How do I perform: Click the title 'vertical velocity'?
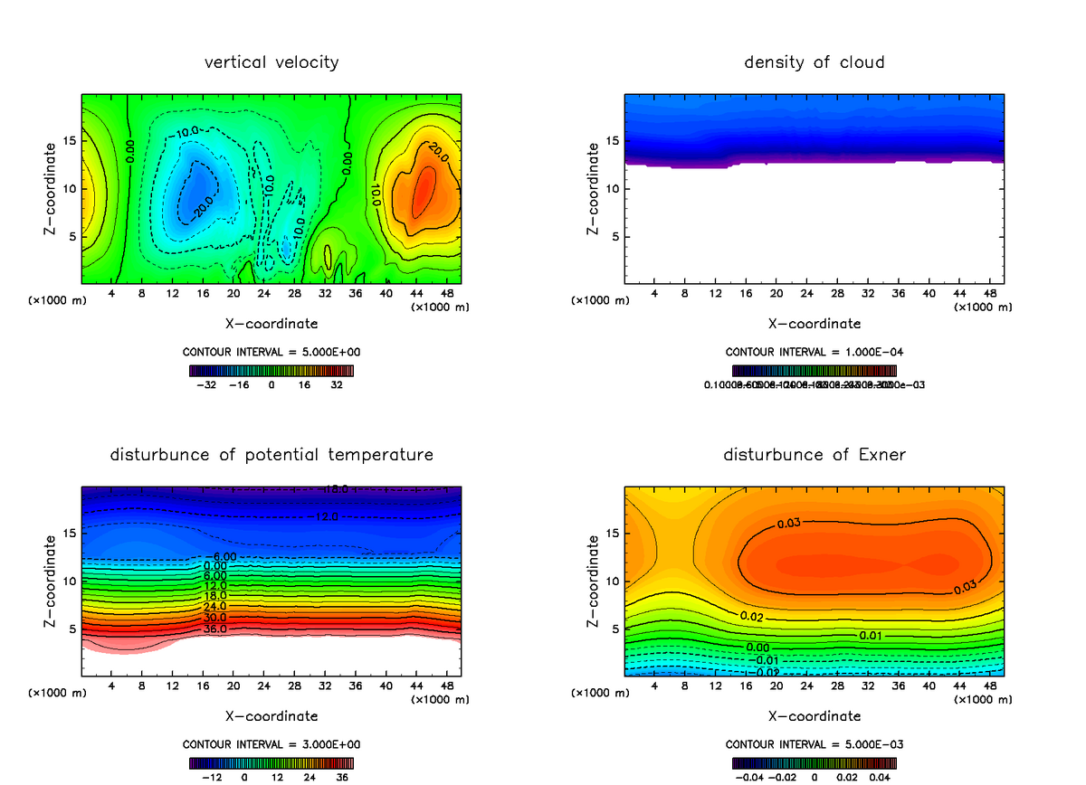(271, 62)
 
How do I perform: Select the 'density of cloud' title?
(814, 62)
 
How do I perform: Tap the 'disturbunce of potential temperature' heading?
(271, 454)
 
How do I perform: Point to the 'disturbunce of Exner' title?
(814, 454)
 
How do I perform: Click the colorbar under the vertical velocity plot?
(271, 370)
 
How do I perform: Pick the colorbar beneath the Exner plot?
(814, 762)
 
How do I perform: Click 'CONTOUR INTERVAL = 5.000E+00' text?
(271, 352)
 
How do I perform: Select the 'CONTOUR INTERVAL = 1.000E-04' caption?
(814, 352)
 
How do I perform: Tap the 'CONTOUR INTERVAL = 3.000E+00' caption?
(271, 744)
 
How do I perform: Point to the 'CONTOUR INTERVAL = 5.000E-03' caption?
(814, 744)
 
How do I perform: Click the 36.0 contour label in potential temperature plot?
(214, 629)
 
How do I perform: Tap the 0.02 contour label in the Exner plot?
(751, 616)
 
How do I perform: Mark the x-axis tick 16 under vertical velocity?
(203, 293)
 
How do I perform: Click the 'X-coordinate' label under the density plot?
(814, 323)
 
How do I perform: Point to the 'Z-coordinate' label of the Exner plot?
(593, 580)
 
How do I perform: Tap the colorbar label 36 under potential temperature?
(343, 776)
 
